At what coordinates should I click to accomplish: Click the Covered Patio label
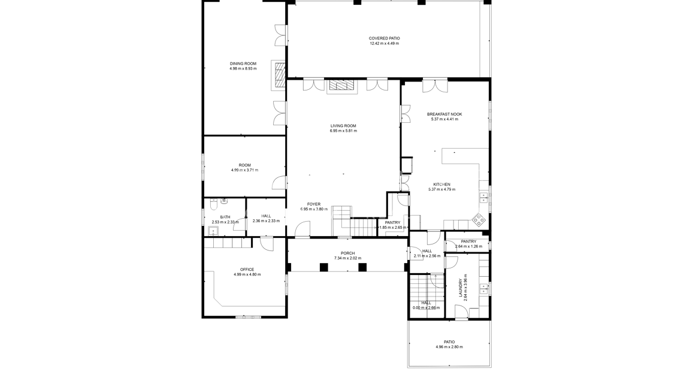[x=384, y=38]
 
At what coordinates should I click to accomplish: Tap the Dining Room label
[x=243, y=64]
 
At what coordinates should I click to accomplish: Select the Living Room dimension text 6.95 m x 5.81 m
[x=343, y=131]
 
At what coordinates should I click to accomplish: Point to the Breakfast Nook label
[x=444, y=114]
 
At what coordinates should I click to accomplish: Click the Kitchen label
[x=441, y=185]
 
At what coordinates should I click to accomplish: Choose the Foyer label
[x=314, y=204]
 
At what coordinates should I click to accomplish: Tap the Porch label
[x=348, y=253]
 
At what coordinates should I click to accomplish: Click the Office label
[x=247, y=270]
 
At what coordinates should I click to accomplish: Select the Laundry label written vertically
[x=461, y=288]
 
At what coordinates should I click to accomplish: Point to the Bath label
[x=225, y=217]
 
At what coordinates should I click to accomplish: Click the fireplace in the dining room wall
[x=279, y=75]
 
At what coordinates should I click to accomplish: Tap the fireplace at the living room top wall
[x=341, y=86]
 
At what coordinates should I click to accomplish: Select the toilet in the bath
[x=213, y=205]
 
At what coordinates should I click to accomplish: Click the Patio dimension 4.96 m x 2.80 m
[x=449, y=347]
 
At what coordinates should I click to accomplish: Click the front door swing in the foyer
[x=302, y=229]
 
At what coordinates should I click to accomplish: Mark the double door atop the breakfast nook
[x=435, y=86]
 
